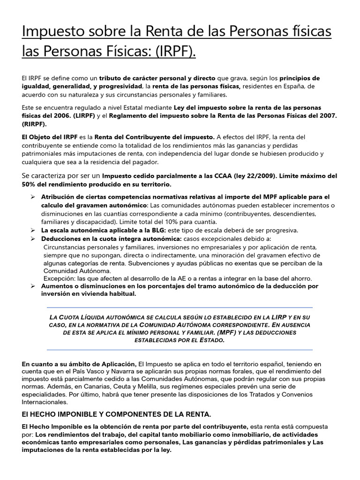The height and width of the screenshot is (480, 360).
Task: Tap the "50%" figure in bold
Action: [x=30, y=184]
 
